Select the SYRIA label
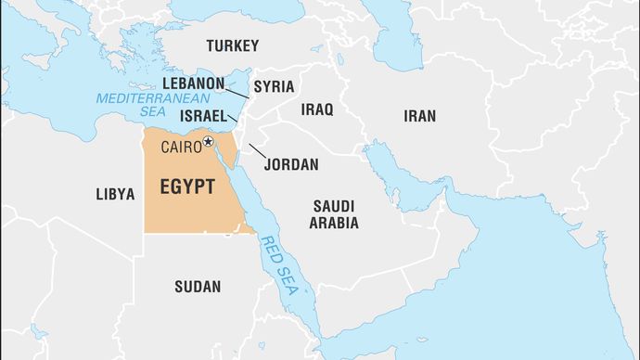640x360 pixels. coord(274,86)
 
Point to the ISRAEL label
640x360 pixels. coord(203,116)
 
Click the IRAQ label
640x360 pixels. coord(316,109)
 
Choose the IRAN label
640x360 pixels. coord(419,116)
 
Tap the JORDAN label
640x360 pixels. coord(291,164)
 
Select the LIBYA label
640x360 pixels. coord(115,194)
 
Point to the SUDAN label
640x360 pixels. coord(198,287)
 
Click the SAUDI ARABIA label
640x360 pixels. coord(335,214)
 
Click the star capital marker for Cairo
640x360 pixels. coord(209,142)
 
